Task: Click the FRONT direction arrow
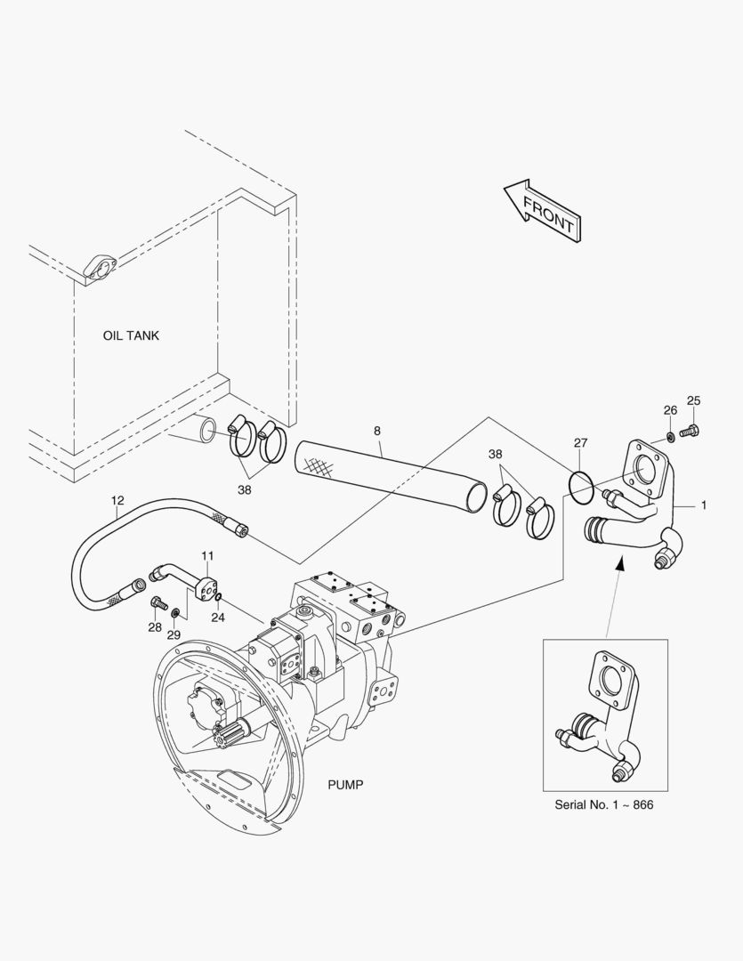point(542,210)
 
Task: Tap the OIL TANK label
point(131,335)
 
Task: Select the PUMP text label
point(346,784)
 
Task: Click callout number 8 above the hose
point(377,431)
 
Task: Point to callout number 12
point(117,500)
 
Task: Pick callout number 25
point(694,400)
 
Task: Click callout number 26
point(670,410)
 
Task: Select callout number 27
point(580,442)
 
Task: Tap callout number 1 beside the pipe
point(704,505)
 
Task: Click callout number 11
point(207,555)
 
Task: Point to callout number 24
point(218,617)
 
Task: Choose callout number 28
point(155,627)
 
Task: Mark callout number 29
point(174,634)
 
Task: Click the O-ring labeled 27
point(580,486)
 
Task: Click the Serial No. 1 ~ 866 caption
point(607,804)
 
